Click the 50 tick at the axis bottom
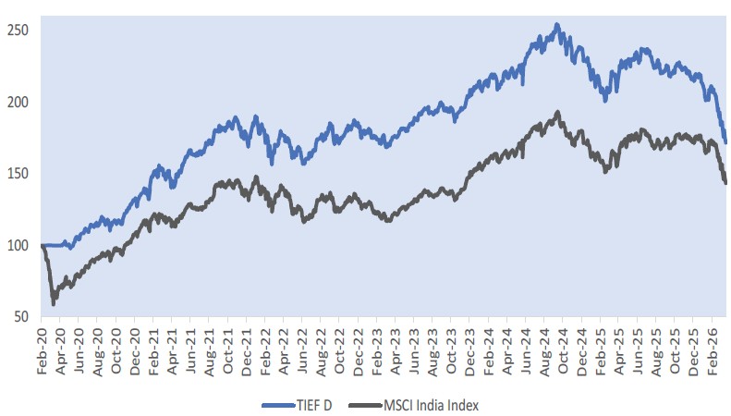coord(21,317)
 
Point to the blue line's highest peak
coord(556,25)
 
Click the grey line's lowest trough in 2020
coord(53,303)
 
